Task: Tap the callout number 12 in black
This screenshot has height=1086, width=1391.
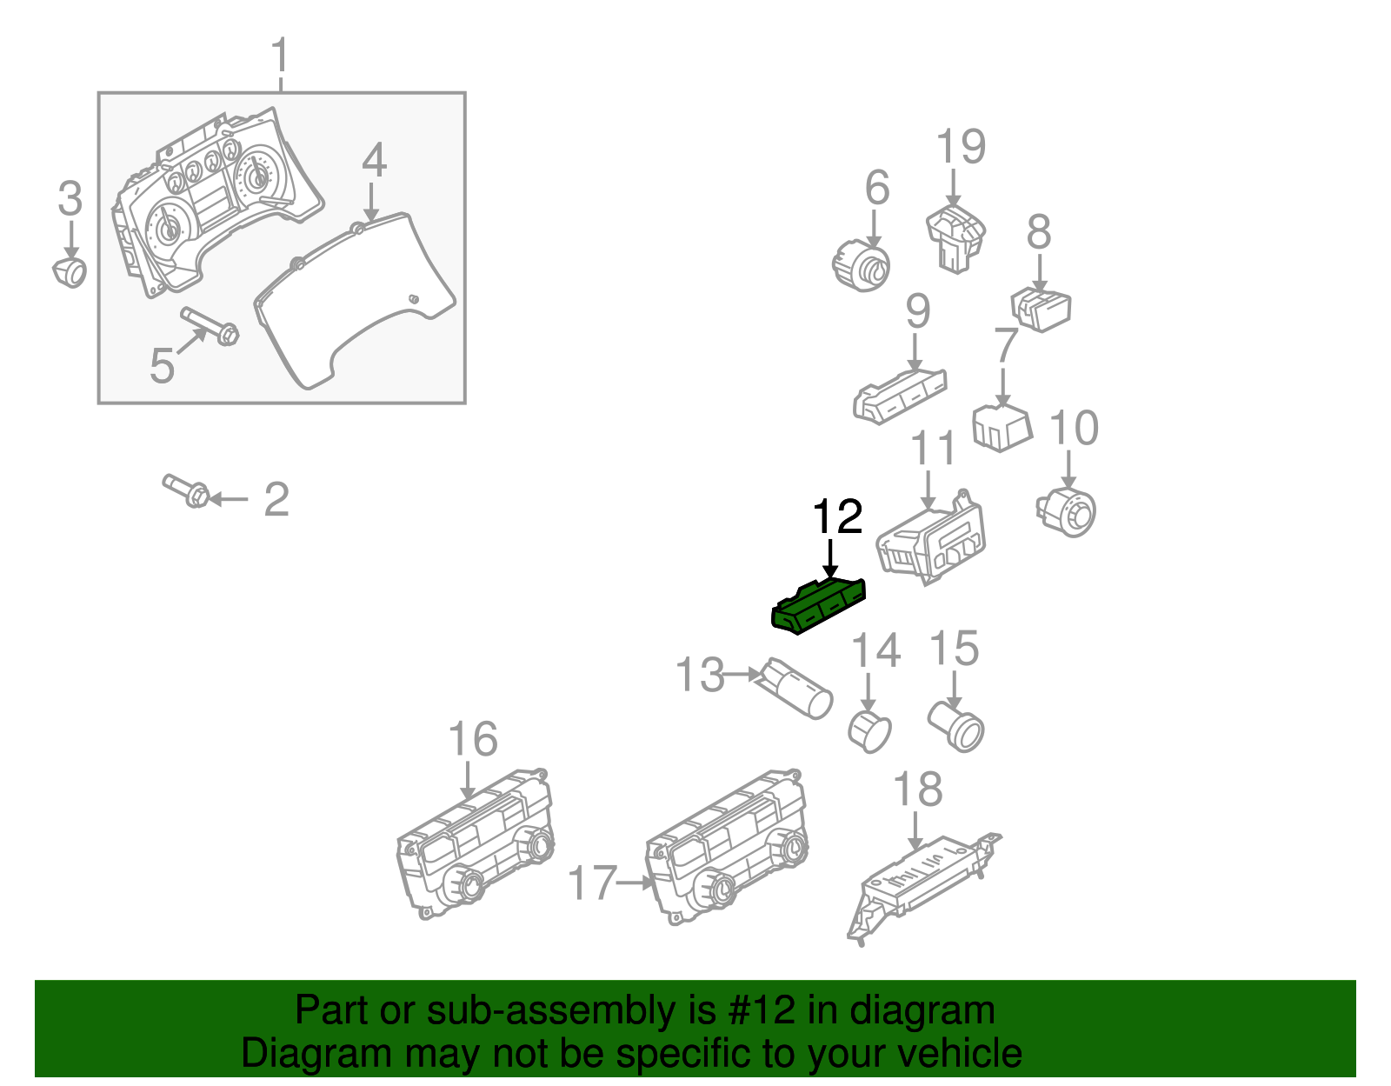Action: (836, 517)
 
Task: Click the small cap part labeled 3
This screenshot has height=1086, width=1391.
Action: (70, 271)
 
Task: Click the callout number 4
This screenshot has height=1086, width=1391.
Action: (374, 161)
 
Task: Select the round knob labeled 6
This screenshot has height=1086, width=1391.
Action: (862, 265)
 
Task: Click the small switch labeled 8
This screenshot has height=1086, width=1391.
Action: (1041, 310)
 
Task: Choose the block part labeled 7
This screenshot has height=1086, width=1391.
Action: (1002, 426)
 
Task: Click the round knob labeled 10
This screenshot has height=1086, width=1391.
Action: (1068, 512)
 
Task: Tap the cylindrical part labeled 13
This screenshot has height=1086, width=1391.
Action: (797, 690)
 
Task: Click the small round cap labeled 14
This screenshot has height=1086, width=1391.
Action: (869, 731)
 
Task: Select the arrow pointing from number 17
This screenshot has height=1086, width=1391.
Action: (635, 883)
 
